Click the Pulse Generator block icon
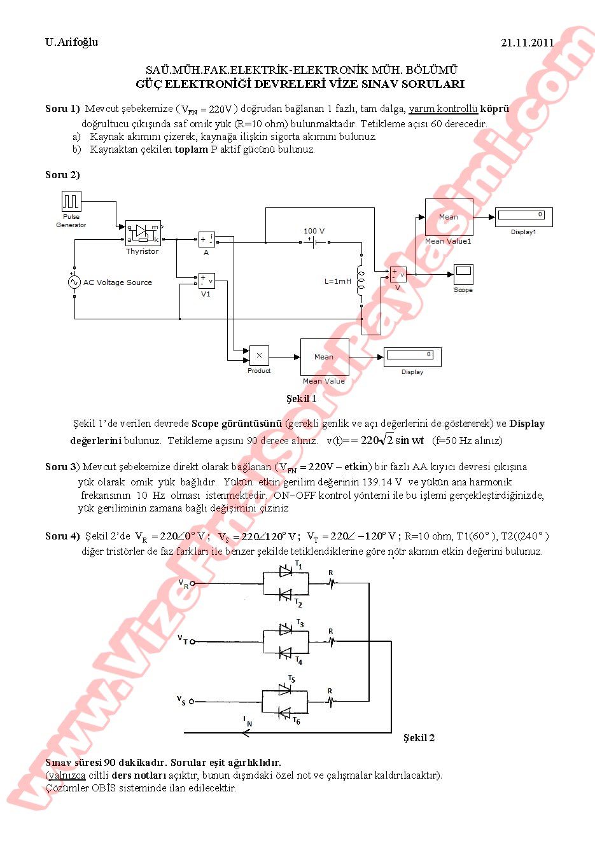click(71, 202)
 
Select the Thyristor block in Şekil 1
click(143, 233)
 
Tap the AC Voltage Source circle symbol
click(74, 282)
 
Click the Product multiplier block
click(259, 356)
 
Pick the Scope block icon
click(463, 274)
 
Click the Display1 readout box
click(524, 217)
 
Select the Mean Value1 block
click(449, 218)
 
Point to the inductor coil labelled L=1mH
click(361, 280)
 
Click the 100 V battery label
click(314, 231)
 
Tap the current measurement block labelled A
click(206, 239)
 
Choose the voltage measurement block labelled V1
click(206, 281)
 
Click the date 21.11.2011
click(527, 43)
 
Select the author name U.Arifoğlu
click(72, 42)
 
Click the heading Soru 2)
click(62, 174)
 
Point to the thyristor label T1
click(299, 564)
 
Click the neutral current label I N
click(248, 721)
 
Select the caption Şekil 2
click(419, 737)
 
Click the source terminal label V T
click(183, 639)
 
